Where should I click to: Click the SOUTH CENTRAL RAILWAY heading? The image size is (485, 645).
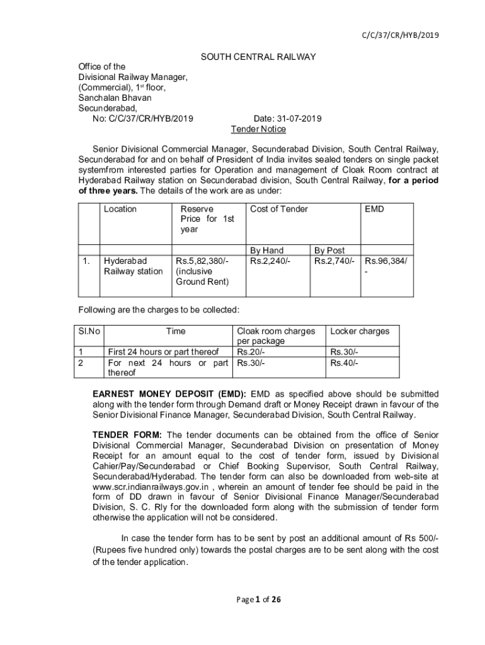[x=258, y=57]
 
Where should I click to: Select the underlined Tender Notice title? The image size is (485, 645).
[x=258, y=129]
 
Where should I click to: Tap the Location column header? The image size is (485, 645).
[x=120, y=209]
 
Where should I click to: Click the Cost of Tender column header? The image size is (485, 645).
[x=279, y=209]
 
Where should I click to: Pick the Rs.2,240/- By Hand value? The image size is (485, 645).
[x=270, y=261]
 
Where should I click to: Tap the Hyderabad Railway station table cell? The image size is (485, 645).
[x=133, y=266]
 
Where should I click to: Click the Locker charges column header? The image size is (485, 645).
[x=360, y=331]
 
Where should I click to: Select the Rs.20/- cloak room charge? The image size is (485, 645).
[x=251, y=352]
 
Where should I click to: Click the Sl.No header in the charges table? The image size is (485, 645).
[x=90, y=331]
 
